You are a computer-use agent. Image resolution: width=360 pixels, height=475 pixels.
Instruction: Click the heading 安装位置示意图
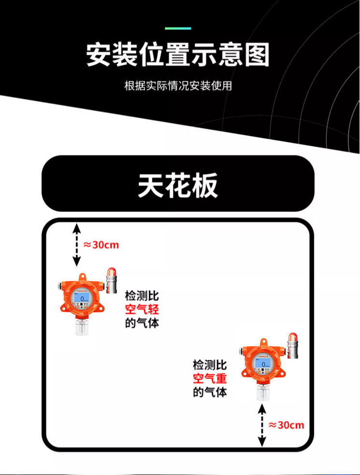point(178,55)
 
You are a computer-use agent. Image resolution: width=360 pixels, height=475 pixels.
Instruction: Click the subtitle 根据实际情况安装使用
point(178,86)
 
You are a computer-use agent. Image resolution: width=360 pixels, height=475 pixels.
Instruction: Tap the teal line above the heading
point(178,28)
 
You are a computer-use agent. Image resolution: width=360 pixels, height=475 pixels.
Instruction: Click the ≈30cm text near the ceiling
point(101,245)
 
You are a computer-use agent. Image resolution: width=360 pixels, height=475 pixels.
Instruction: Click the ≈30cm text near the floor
point(287,425)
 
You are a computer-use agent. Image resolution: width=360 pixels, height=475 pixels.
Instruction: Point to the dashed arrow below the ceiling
point(76,245)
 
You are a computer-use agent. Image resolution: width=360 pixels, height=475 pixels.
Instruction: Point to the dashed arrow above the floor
point(262,425)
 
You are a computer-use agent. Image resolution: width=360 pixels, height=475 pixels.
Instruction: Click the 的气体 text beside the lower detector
point(210,392)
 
